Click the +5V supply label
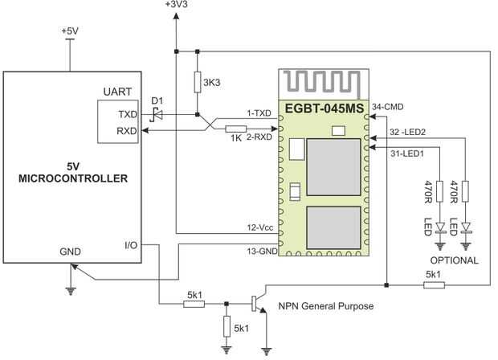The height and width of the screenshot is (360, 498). tap(70, 31)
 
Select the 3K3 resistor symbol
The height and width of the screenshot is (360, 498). tap(198, 82)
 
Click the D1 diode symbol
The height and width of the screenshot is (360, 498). tap(157, 114)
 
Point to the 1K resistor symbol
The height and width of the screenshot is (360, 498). tap(236, 129)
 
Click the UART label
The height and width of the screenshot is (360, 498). tap(117, 92)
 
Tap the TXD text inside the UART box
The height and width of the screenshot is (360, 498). tap(128, 114)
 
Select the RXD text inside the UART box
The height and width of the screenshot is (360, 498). tap(127, 131)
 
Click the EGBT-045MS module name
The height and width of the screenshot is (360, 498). tap(325, 108)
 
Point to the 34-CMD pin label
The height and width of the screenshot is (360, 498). tap(388, 107)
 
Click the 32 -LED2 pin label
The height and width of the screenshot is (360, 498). tap(407, 132)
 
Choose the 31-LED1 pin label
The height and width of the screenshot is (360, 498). tap(407, 153)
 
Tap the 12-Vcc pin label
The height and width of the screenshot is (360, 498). tap(260, 227)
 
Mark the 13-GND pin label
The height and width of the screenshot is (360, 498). tap(263, 251)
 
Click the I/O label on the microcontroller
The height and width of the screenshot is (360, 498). tap(131, 245)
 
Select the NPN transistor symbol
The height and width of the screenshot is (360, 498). tap(259, 302)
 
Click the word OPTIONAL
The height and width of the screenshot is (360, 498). tap(454, 260)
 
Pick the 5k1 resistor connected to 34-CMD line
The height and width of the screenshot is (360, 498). tap(434, 285)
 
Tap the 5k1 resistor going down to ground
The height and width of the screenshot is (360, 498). tap(227, 326)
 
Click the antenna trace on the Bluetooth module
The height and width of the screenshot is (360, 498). tap(321, 84)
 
